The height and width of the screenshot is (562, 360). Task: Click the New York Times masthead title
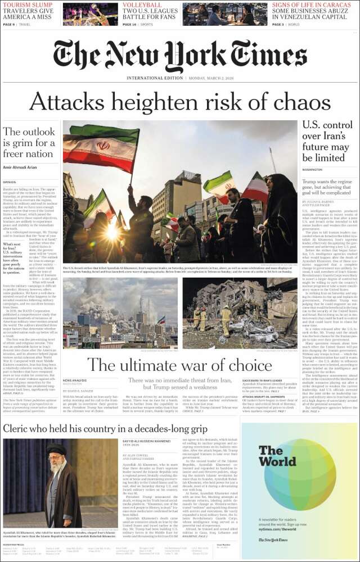pyautogui.click(x=180, y=56)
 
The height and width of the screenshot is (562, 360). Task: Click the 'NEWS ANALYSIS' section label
pyautogui.click(x=75, y=380)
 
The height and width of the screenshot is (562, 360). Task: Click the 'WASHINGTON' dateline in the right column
pyautogui.click(x=312, y=169)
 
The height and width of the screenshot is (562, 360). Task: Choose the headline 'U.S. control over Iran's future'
pyautogui.click(x=327, y=140)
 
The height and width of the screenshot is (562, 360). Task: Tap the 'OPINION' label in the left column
pyautogui.click(x=10, y=182)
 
